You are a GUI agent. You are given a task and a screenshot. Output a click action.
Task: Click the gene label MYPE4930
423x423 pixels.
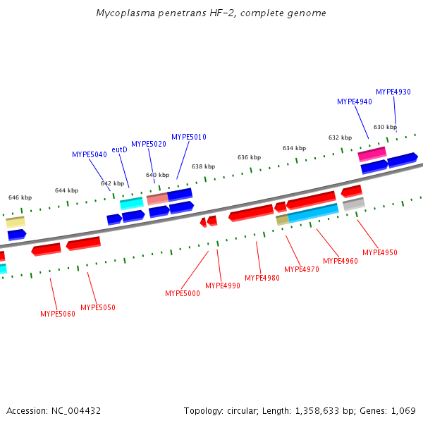[x=393, y=92]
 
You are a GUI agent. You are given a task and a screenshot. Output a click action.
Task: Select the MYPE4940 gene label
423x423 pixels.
[x=354, y=102]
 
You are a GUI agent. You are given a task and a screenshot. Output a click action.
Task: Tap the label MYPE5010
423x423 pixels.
[x=188, y=137]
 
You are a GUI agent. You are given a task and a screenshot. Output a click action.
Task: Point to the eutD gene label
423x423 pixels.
[x=119, y=149]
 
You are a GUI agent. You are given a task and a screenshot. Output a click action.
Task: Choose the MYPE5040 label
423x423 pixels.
[x=89, y=154]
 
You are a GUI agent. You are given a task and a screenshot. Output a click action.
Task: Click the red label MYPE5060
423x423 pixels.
[x=58, y=314]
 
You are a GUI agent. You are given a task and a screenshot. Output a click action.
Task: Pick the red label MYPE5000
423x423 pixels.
[x=183, y=293]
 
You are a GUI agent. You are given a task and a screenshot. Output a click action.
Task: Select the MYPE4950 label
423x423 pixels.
[x=380, y=252]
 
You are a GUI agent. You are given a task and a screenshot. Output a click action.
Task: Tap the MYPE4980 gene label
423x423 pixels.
[x=262, y=278]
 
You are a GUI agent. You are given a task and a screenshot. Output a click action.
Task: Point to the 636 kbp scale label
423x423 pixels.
[x=249, y=157]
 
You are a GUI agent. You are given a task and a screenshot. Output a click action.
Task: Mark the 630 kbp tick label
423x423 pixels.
[x=385, y=127]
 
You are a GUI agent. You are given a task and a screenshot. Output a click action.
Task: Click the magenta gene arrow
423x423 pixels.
[x=372, y=153]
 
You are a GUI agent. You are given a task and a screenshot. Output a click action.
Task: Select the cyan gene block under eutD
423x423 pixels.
[x=132, y=203]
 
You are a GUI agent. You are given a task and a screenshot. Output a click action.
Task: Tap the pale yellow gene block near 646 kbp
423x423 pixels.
[x=16, y=221]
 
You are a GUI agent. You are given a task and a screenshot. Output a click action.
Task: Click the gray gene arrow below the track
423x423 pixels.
[x=353, y=204]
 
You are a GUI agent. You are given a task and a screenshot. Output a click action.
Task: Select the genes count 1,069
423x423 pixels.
[x=404, y=410]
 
